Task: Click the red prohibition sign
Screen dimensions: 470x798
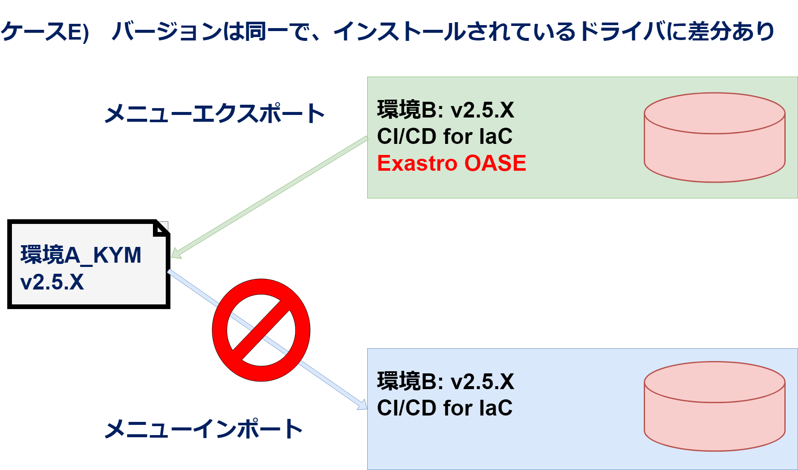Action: (261, 330)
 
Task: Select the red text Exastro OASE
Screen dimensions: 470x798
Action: (451, 163)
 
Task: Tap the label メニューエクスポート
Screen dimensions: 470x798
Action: (214, 114)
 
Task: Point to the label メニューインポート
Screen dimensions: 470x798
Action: (203, 429)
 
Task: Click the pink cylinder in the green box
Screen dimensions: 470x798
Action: (714, 138)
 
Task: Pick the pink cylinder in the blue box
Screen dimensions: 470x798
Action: (714, 406)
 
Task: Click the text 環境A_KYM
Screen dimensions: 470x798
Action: (81, 255)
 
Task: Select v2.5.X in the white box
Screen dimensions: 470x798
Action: (52, 282)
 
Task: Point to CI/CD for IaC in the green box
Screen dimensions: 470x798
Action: (444, 137)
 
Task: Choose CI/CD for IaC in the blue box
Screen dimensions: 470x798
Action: (444, 408)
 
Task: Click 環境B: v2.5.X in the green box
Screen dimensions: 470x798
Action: (445, 110)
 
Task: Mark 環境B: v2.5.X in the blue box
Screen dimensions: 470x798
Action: (445, 381)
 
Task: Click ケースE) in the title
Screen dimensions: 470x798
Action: (44, 32)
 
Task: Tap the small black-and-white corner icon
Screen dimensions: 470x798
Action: (161, 229)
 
